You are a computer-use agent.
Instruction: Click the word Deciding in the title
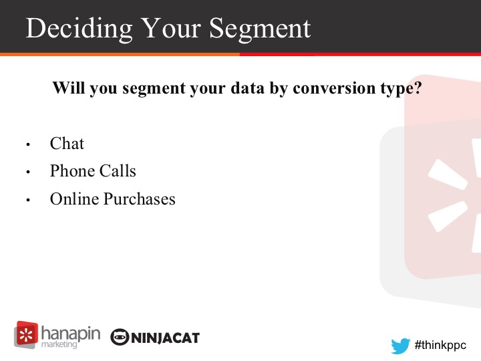(x=79, y=28)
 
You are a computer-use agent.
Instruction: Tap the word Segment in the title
(x=260, y=29)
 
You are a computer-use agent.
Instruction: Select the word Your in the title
(x=172, y=27)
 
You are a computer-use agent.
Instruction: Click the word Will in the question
(x=69, y=88)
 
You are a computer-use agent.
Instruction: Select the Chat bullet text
(x=67, y=143)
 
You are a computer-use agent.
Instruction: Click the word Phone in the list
(x=72, y=170)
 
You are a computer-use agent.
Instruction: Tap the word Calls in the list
(x=118, y=170)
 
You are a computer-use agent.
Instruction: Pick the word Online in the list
(x=74, y=199)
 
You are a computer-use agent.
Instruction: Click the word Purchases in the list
(x=140, y=199)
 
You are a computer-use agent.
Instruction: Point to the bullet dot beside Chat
(x=28, y=144)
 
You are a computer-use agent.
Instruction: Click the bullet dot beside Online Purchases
(x=28, y=200)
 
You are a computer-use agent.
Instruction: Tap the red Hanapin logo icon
(x=26, y=335)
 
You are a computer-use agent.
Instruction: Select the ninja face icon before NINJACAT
(x=120, y=337)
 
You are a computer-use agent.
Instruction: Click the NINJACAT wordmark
(x=166, y=338)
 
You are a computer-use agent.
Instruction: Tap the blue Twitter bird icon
(x=400, y=346)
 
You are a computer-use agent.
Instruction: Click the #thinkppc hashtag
(x=440, y=346)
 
